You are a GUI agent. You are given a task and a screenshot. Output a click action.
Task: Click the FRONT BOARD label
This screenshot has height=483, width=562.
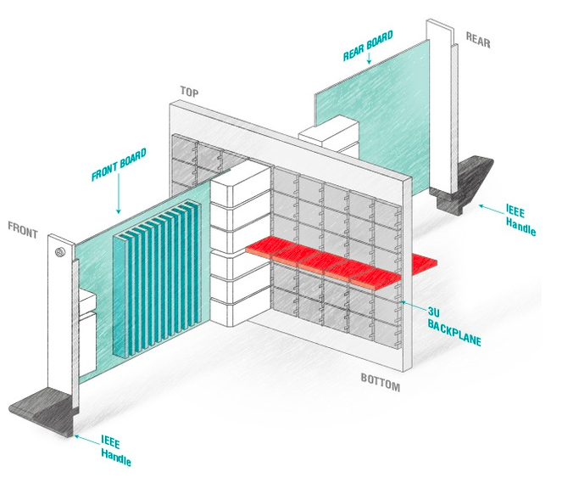point(120,167)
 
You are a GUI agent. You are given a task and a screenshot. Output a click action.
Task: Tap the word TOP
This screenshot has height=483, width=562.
point(189,91)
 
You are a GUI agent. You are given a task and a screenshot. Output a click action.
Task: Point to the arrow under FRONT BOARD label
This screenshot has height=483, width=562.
point(119,199)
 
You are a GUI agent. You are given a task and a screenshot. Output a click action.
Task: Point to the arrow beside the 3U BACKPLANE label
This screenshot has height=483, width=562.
point(409,301)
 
